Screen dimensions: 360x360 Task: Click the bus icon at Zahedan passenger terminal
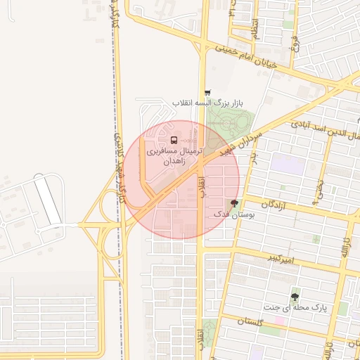[x=174, y=139]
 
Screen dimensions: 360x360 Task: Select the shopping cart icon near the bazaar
[x=207, y=94]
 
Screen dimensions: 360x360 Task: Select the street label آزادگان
[x=276, y=204]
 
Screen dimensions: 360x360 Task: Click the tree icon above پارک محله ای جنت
[x=295, y=297]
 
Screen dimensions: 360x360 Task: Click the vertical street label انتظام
[x=256, y=29]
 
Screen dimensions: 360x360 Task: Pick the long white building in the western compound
[x=49, y=198]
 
